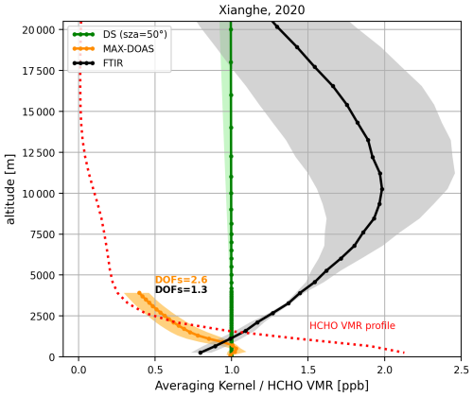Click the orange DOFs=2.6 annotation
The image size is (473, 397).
181,280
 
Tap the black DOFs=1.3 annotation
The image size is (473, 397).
181,290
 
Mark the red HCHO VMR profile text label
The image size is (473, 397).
350,326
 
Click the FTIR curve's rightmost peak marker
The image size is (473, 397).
381,189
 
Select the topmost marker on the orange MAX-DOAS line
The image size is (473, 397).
139,293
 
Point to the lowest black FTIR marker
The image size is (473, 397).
200,353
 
